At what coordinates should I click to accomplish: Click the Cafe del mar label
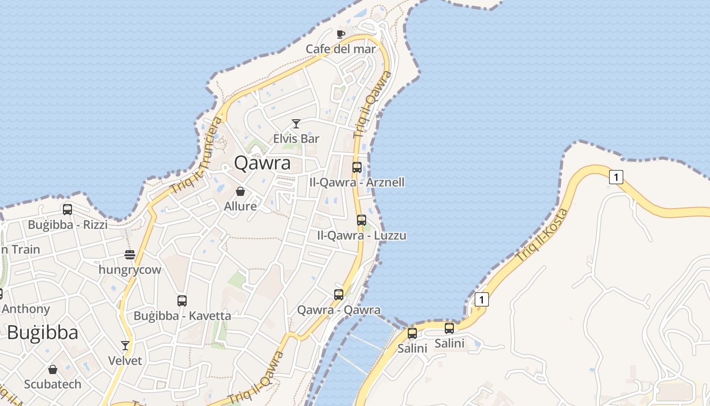pos(341,49)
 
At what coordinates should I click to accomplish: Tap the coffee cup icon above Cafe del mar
pos(341,34)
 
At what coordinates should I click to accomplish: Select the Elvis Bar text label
pos(296,139)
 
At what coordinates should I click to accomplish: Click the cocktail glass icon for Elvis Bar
pos(296,123)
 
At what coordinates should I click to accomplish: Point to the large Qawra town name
pos(262,163)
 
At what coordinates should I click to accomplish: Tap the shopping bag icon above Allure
pos(240,191)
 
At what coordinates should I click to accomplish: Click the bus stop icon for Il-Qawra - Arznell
pos(357,167)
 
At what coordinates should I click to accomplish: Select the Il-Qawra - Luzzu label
pos(362,235)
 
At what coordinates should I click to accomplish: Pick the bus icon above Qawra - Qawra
pos(339,294)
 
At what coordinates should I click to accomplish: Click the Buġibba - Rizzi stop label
pos(67,224)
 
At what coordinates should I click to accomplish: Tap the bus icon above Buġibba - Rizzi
pos(67,209)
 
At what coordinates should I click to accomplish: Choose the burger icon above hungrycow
pos(130,254)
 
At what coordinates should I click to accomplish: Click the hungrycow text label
pos(130,269)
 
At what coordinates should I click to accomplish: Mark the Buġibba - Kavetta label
pos(182,316)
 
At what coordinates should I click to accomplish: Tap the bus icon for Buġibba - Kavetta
pos(182,300)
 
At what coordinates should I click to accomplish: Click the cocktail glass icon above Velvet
pos(125,346)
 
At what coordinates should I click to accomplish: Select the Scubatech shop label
pos(53,384)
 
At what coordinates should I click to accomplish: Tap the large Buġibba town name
pos(43,333)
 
